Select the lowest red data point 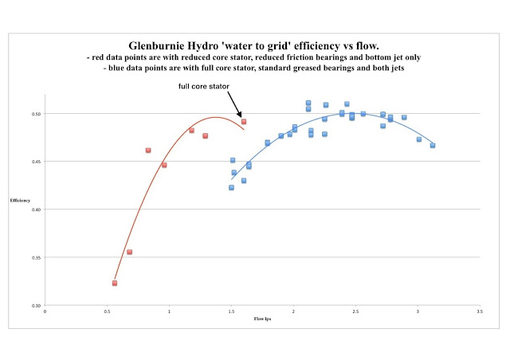(115, 283)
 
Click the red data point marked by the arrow (244, 122)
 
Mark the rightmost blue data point (433, 145)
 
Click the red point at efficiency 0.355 (129, 252)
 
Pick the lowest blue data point (231, 188)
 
